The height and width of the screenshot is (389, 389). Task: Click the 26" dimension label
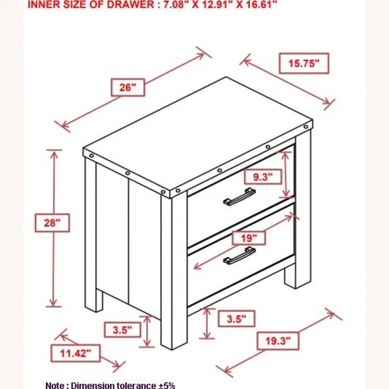(128, 87)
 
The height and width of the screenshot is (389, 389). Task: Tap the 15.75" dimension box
(304, 63)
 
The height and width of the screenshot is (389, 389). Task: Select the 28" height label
(52, 223)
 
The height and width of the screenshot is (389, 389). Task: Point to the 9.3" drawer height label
(263, 177)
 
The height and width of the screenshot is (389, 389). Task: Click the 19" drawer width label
(249, 238)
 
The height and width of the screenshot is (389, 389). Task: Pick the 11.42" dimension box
(75, 353)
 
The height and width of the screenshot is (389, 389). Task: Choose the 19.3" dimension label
(278, 341)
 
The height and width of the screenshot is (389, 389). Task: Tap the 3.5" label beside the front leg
(122, 330)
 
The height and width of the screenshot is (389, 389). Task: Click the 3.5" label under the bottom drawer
(237, 318)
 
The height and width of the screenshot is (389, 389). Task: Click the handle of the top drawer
(239, 197)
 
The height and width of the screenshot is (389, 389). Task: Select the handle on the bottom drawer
(239, 255)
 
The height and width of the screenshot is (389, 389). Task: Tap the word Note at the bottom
(55, 385)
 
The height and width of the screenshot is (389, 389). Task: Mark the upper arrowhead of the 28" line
(54, 154)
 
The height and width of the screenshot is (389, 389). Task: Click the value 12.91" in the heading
(216, 4)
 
